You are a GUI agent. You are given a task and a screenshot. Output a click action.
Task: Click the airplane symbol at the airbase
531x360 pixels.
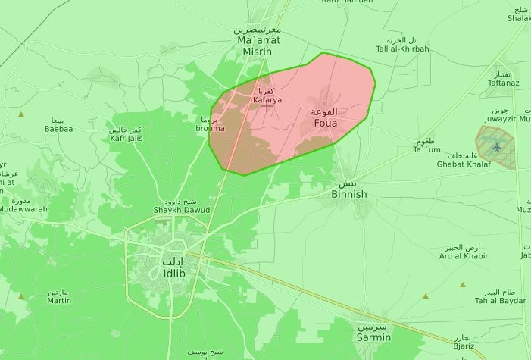(496, 146)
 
